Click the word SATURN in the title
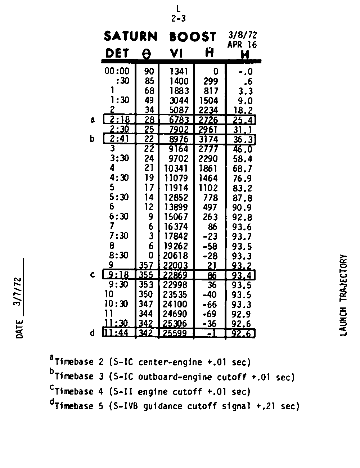[131, 37]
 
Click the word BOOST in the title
[193, 37]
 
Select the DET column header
[117, 54]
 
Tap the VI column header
[176, 54]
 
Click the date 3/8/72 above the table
[243, 36]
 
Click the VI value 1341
[179, 72]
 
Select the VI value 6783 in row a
[179, 120]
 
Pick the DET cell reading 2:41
[120, 139]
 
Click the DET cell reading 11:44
[116, 333]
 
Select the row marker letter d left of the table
[93, 333]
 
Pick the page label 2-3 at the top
[179, 18]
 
